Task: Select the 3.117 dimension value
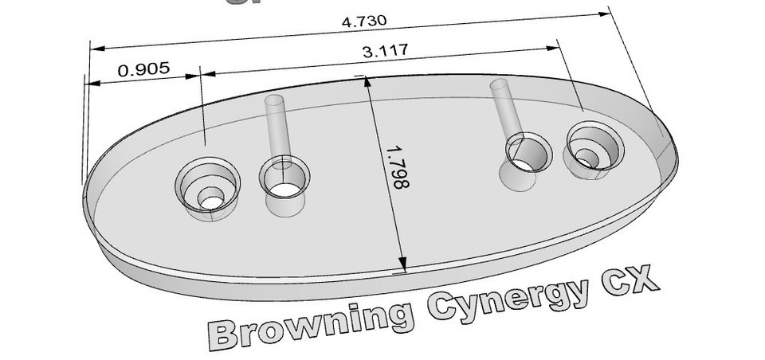385,52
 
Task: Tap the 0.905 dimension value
143,68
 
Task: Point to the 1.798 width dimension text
396,166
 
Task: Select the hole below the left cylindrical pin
284,180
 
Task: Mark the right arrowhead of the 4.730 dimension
602,14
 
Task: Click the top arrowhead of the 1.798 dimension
368,83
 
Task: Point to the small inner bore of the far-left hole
210,198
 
